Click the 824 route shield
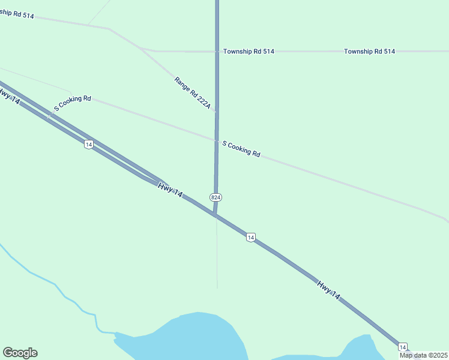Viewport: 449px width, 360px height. (x=216, y=197)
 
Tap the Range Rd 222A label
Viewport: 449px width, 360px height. (x=192, y=92)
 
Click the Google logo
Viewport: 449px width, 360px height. (x=20, y=353)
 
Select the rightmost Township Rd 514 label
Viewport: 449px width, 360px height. (x=369, y=52)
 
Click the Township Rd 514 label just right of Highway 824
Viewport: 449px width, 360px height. (x=249, y=52)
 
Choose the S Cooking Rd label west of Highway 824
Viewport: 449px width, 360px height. (x=72, y=103)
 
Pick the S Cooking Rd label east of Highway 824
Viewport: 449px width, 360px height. (x=241, y=149)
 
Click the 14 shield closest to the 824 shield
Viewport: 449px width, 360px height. (x=250, y=238)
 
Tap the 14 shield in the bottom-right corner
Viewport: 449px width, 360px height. (x=402, y=347)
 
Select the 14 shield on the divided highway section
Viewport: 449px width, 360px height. (x=88, y=144)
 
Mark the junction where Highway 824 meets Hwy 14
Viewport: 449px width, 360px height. (x=214, y=214)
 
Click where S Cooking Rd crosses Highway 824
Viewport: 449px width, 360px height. (x=217, y=140)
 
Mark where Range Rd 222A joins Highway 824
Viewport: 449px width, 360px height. (x=217, y=112)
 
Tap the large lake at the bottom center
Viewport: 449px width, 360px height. (x=192, y=339)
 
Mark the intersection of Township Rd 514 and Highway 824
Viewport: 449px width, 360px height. (x=217, y=52)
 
